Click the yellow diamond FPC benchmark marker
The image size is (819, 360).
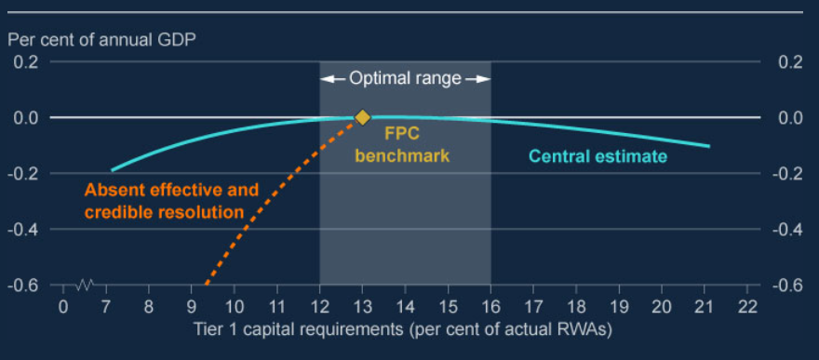(x=362, y=117)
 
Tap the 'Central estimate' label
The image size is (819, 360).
(x=597, y=156)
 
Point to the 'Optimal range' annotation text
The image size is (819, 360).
(x=405, y=79)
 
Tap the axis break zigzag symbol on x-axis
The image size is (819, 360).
(x=86, y=284)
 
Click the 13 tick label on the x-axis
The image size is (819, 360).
(x=362, y=307)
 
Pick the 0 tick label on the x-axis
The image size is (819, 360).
(x=63, y=307)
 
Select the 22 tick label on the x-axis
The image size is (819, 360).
(x=746, y=307)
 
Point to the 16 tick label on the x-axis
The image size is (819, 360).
(x=490, y=307)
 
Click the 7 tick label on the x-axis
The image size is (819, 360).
(x=106, y=307)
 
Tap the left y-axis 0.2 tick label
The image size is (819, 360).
(x=26, y=62)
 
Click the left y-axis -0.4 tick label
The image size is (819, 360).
(x=24, y=229)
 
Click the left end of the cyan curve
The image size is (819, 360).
(x=112, y=170)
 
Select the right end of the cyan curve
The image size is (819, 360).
(x=709, y=146)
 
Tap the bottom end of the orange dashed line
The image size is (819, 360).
(x=206, y=283)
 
